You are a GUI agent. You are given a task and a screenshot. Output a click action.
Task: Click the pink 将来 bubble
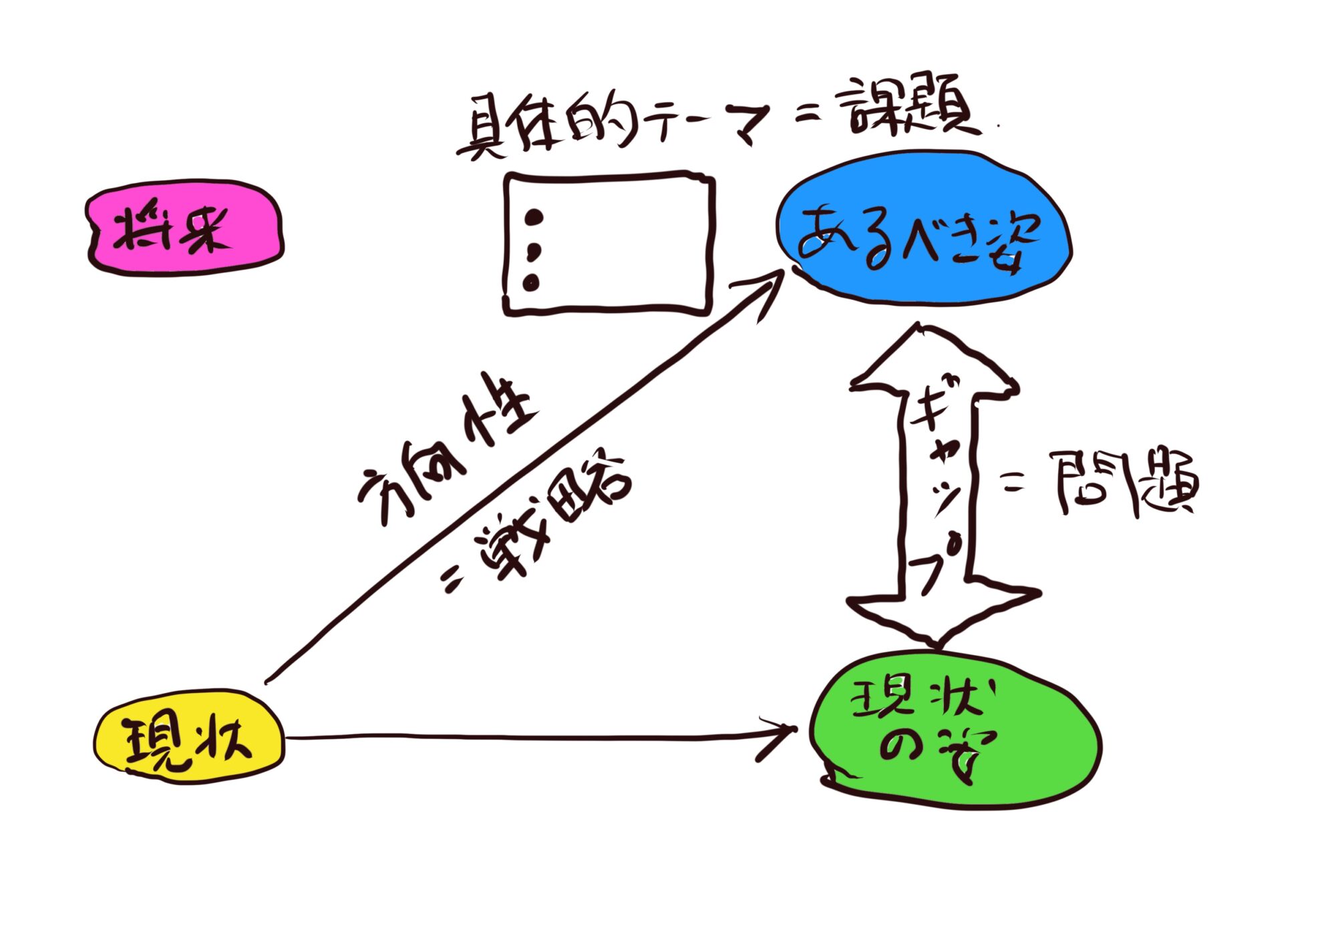184,227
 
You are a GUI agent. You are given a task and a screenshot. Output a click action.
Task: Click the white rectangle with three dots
608,244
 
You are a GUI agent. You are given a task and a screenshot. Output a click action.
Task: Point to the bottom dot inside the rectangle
532,282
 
